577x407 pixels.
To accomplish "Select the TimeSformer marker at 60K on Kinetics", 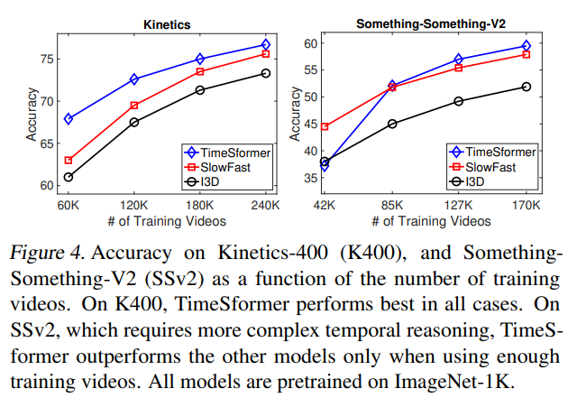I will point(69,119).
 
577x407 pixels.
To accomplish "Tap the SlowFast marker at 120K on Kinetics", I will point(134,106).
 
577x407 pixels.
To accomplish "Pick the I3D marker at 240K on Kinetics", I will point(265,73).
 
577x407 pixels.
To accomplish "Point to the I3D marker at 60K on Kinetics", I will point(69,177).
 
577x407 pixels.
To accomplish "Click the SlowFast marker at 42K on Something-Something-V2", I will point(325,126).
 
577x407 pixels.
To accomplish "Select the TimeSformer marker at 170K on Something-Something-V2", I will point(526,45).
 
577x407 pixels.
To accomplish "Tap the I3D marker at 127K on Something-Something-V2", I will point(459,101).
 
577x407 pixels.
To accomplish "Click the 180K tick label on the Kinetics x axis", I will point(199,207).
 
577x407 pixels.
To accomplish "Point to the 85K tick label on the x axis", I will point(391,207).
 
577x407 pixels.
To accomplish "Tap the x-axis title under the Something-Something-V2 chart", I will point(425,221).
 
